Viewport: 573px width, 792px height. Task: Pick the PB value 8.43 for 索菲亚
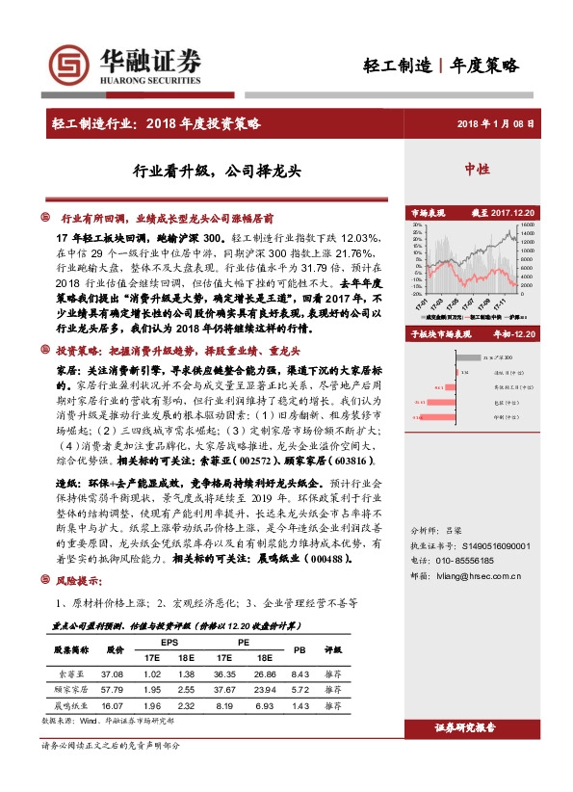tap(299, 674)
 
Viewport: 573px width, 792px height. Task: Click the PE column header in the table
tap(243, 644)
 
